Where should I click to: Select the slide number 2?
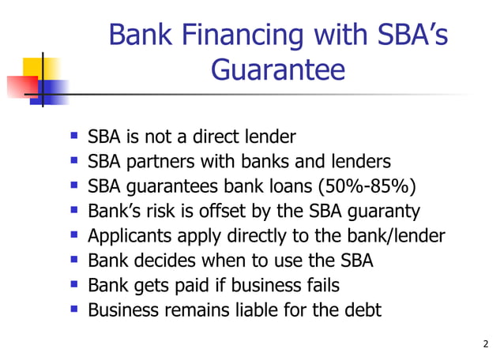pos(485,343)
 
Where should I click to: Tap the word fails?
pos(323,285)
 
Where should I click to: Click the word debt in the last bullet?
pos(360,309)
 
